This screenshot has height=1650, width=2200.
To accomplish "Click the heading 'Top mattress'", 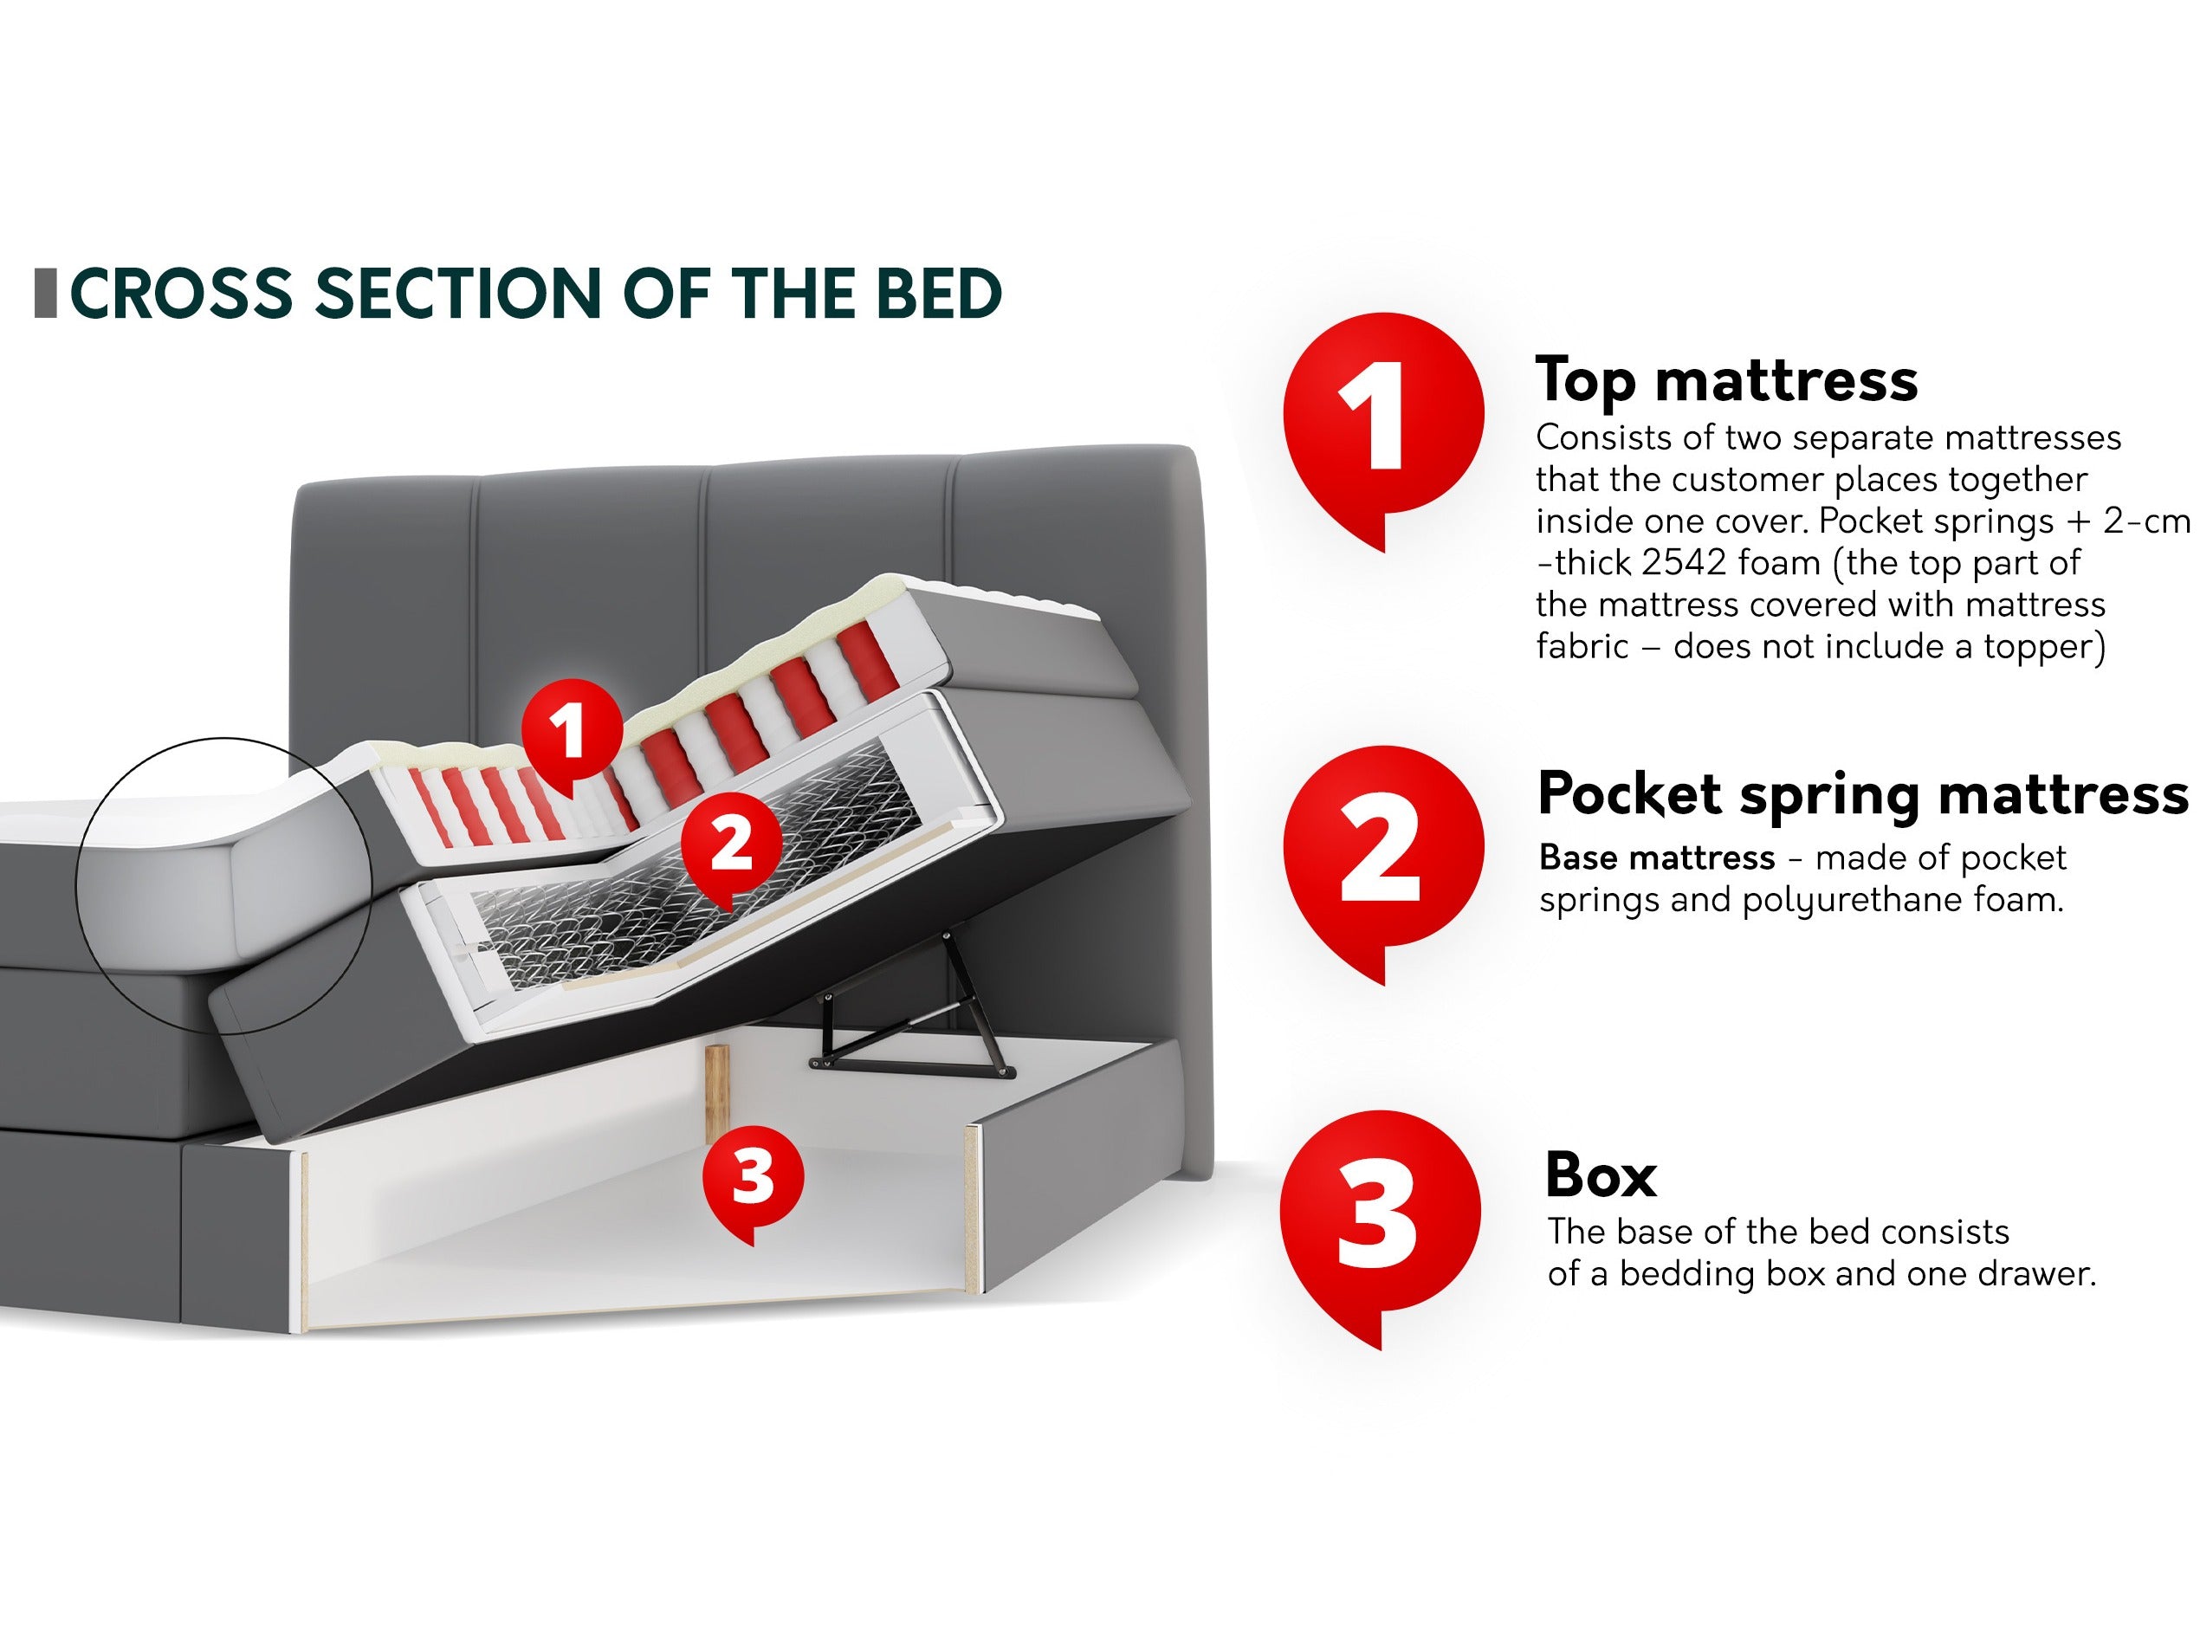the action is click(x=1726, y=381).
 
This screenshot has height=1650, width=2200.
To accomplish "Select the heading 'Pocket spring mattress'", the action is click(x=1863, y=796).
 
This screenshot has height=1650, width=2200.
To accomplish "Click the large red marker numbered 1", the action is click(x=1383, y=423).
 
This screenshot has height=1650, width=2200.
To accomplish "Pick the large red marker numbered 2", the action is click(x=1383, y=856).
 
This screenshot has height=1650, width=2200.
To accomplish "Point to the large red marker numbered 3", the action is click(x=1381, y=1221).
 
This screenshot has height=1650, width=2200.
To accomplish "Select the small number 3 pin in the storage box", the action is click(x=753, y=1181).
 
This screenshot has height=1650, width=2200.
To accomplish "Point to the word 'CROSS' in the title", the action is click(x=181, y=294).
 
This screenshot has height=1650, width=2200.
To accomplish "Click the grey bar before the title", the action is click(x=45, y=294).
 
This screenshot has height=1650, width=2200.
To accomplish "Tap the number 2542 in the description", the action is click(x=1681, y=563).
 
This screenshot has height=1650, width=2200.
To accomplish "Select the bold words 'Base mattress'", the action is click(x=1657, y=857).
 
